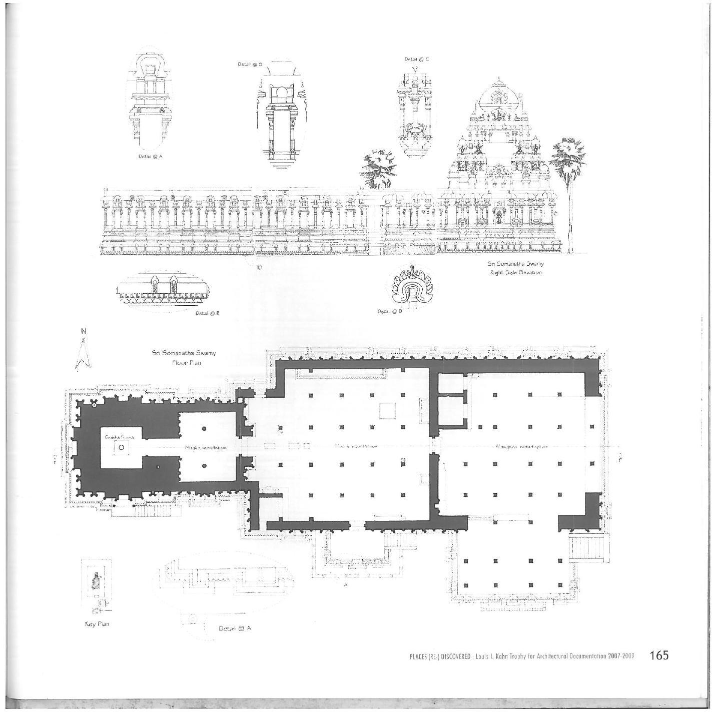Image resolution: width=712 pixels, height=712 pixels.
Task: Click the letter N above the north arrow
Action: tap(84, 331)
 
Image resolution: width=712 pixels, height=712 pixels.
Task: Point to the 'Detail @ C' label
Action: tap(417, 59)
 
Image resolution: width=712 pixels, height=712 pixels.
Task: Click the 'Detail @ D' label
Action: tap(390, 311)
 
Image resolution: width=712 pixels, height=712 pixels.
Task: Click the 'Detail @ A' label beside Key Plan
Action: tap(235, 628)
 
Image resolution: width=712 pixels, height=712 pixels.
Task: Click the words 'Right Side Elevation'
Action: tap(516, 273)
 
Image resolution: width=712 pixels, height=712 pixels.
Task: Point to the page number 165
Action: tap(658, 655)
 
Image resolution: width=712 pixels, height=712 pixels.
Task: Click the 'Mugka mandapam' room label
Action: tap(206, 448)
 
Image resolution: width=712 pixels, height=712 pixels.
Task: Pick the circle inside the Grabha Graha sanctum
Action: tap(121, 447)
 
